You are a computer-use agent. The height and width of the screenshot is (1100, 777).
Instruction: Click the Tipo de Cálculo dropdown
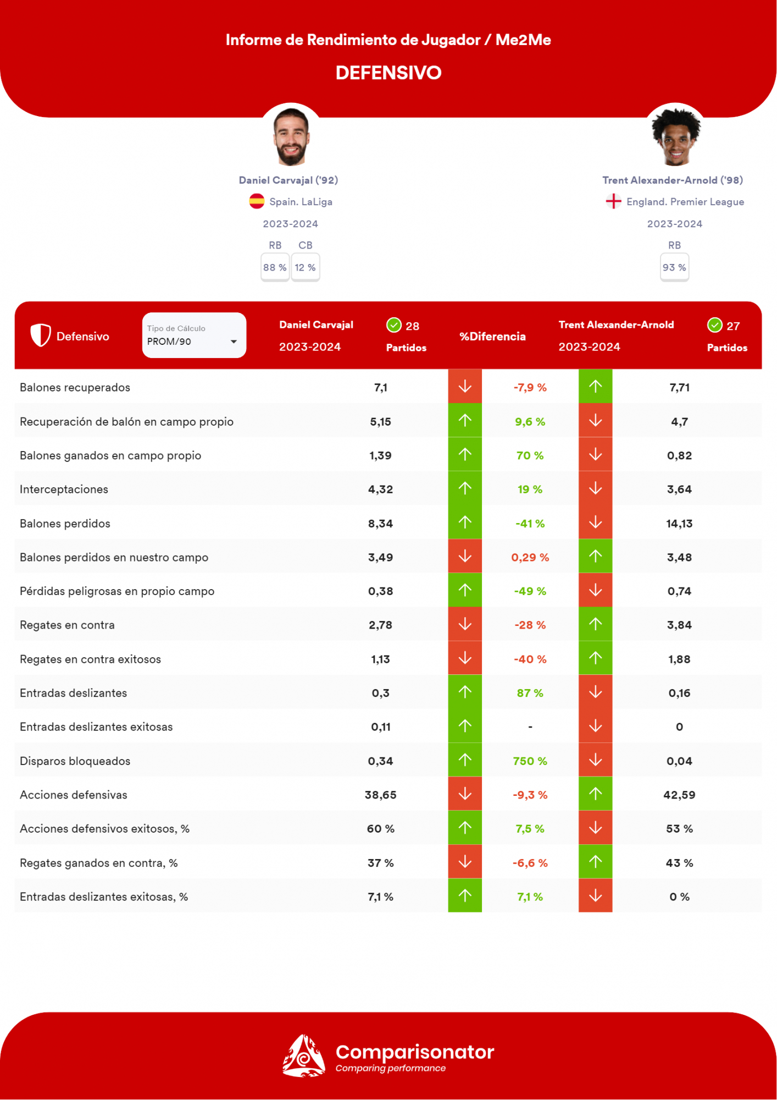coord(194,335)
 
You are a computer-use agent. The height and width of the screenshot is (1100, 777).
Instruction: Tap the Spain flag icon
coord(257,201)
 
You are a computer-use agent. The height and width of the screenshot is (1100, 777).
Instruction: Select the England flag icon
coord(613,201)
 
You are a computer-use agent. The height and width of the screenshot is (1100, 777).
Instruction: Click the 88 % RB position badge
coord(275,267)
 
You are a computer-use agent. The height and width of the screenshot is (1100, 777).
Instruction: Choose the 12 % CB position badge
coord(306,267)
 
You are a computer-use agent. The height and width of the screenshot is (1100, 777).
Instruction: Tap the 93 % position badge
coord(674,267)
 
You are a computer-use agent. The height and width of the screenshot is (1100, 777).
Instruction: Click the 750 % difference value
coord(530,761)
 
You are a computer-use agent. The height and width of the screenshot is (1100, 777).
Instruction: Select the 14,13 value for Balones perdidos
coord(679,524)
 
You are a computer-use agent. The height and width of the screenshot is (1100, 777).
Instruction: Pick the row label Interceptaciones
coord(64,490)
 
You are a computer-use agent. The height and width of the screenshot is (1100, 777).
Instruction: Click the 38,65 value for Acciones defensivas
coord(380,795)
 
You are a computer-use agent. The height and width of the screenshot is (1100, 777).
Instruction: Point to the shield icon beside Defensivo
coord(41,335)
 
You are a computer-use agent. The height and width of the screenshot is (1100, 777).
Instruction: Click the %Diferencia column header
coord(492,337)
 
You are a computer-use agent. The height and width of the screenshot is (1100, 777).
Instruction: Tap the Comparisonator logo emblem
coord(303,1056)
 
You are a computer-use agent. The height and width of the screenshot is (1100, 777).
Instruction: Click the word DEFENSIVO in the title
coord(389,73)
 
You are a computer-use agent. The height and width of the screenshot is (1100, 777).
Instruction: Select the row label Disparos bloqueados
coord(75,761)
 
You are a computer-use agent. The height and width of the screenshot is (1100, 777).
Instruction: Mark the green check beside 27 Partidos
coord(714,326)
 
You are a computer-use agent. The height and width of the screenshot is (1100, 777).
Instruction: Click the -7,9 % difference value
coord(530,388)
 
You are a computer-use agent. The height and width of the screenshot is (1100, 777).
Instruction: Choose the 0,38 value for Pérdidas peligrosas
coord(380,591)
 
